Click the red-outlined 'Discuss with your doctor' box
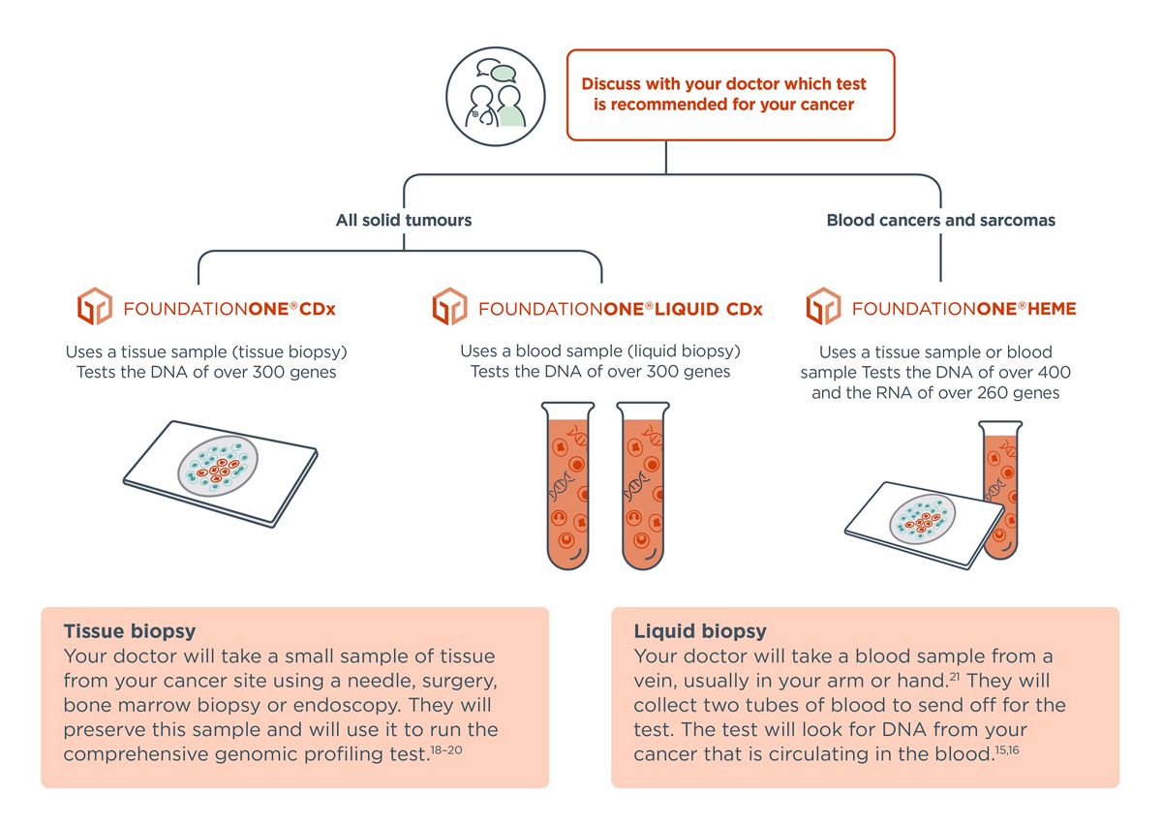(730, 94)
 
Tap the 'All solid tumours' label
(404, 220)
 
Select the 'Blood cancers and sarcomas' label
(940, 220)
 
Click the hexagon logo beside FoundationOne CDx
(95, 307)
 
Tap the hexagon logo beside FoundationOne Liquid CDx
(449, 307)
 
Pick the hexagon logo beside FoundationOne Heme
(823, 307)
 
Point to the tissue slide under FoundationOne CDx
(221, 472)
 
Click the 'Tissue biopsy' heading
(130, 631)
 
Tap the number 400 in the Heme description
(1054, 372)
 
